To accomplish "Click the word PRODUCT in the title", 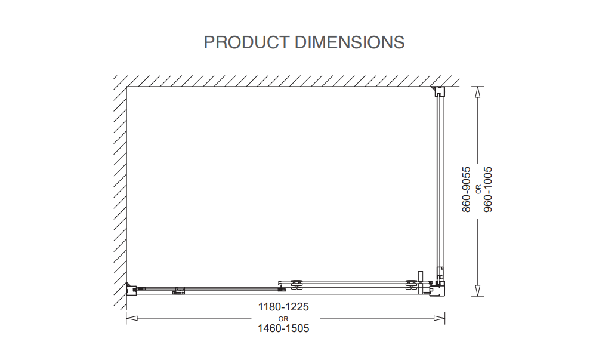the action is point(246,42).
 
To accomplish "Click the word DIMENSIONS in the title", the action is point(350,42).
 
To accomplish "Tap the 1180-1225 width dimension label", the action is point(283,307).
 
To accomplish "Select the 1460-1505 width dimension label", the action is point(283,328).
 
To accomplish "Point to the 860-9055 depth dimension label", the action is point(467,189).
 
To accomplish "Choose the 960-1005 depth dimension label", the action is point(488,189).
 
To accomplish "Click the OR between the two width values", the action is point(283,319).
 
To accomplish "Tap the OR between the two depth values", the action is point(478,189).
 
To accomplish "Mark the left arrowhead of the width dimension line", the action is point(132,318).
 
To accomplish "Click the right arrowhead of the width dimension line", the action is point(439,318).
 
